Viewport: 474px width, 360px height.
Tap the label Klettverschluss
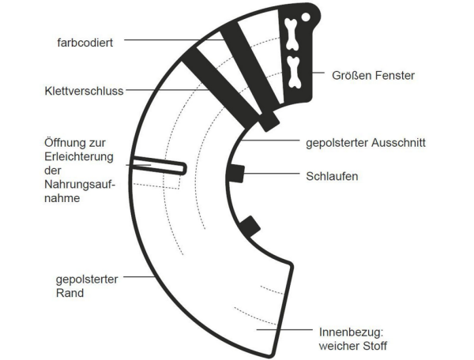85,91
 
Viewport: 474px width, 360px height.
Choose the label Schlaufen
333,175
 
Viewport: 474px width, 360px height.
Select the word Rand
70,292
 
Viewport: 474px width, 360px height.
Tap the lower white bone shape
295,71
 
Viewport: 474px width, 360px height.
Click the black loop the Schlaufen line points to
235,174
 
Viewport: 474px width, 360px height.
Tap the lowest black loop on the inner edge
250,227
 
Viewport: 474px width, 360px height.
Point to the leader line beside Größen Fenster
324,75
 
